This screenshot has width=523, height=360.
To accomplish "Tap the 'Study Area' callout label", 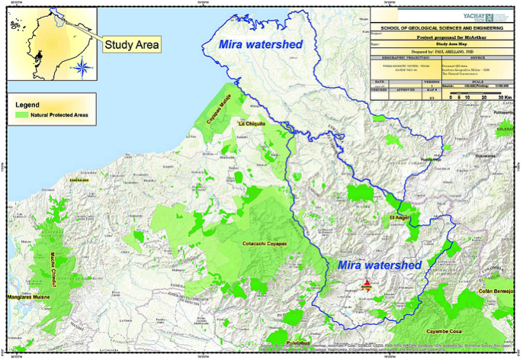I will [132, 45].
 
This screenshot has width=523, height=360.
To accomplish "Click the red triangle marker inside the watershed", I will [367, 284].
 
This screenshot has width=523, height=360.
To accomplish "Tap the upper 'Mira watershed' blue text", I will [260, 44].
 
